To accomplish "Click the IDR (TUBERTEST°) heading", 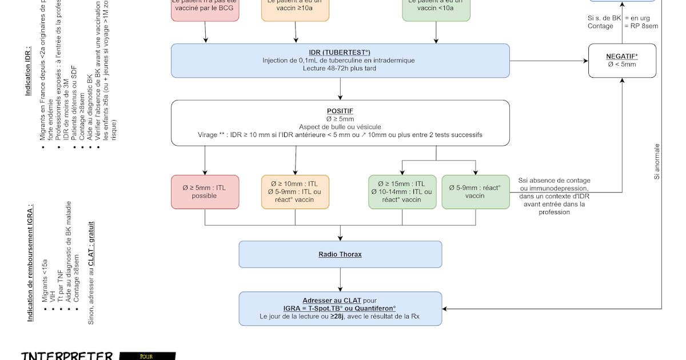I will click(x=340, y=52).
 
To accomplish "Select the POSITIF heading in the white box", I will click(x=340, y=111).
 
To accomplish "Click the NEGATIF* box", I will click(x=622, y=61).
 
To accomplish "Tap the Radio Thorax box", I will click(x=340, y=254).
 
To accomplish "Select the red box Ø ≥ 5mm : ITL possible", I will click(x=205, y=192).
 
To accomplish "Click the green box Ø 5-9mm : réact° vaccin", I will click(x=475, y=192).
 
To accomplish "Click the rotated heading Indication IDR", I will click(x=28, y=70).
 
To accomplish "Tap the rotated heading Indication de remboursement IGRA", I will click(x=30, y=262).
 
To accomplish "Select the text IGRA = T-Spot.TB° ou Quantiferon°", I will click(x=340, y=309).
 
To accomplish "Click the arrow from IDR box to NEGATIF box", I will click(x=549, y=61).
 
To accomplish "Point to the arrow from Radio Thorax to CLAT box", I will click(x=340, y=279).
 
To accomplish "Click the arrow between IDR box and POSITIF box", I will click(x=340, y=89).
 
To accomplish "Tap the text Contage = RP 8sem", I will click(x=623, y=26).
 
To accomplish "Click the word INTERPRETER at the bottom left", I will click(x=67, y=355).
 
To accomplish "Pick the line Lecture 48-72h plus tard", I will click(x=340, y=68).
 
